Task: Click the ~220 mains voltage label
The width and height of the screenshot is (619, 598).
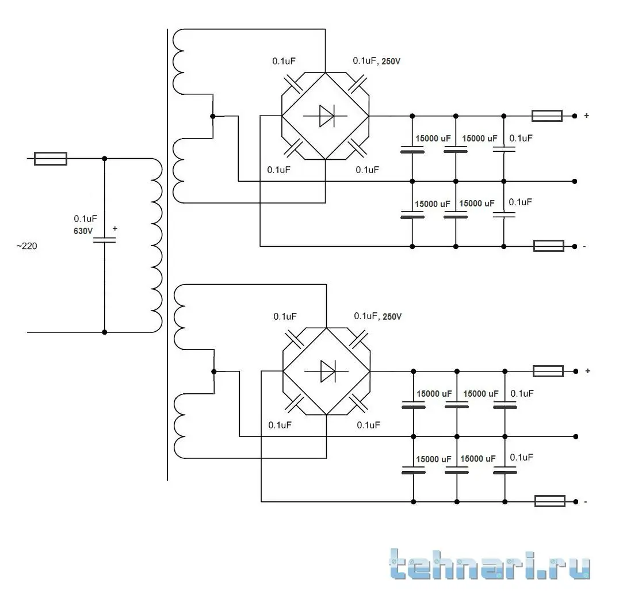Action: pyautogui.click(x=27, y=246)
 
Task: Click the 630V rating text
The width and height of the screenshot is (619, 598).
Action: pyautogui.click(x=83, y=231)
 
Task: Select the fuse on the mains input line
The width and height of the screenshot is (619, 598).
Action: pyautogui.click(x=51, y=159)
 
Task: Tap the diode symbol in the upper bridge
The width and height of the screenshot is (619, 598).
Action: pyautogui.click(x=326, y=116)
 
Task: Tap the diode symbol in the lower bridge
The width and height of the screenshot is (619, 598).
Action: pyautogui.click(x=327, y=371)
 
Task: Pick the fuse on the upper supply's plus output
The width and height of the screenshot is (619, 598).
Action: pyautogui.click(x=547, y=116)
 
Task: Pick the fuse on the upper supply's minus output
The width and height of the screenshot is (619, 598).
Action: pyautogui.click(x=548, y=246)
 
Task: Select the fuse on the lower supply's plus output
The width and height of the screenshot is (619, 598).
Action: pyautogui.click(x=548, y=371)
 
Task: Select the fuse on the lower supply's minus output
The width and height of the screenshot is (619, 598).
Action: pyautogui.click(x=549, y=501)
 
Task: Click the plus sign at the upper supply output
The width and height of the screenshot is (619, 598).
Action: pyautogui.click(x=586, y=116)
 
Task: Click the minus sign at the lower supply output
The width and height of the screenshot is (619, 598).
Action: pyautogui.click(x=585, y=502)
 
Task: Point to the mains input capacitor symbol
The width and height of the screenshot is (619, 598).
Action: pyautogui.click(x=104, y=240)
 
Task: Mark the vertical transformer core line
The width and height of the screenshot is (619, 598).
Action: pyautogui.click(x=167, y=253)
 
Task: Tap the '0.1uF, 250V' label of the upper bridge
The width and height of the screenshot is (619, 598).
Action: pyautogui.click(x=376, y=60)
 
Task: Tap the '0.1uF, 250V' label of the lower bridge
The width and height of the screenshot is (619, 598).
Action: pyautogui.click(x=377, y=316)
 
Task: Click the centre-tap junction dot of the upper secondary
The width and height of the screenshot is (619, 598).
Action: pyautogui.click(x=212, y=116)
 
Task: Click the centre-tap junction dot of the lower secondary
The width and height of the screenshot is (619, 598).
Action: pyautogui.click(x=213, y=371)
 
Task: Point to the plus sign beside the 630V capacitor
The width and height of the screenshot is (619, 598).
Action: pyautogui.click(x=114, y=229)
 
